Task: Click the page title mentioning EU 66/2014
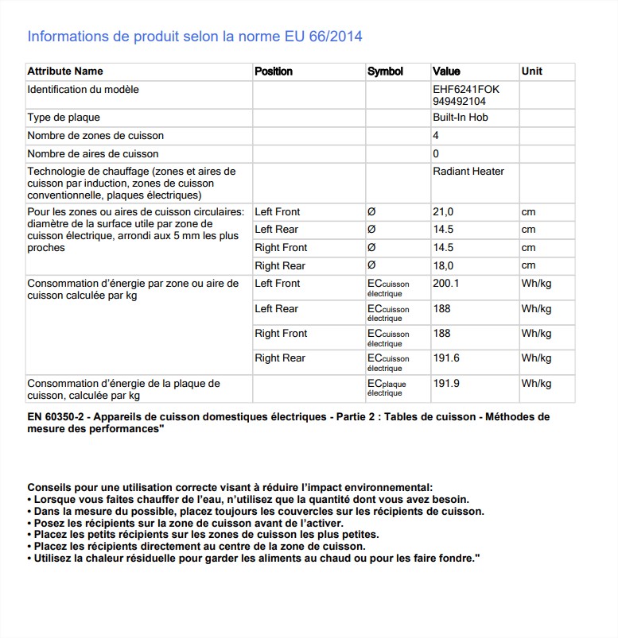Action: point(195,37)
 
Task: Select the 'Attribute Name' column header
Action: point(65,72)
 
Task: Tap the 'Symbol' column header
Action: point(385,72)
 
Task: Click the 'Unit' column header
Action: point(531,72)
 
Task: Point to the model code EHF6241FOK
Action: point(466,90)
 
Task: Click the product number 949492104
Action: point(459,102)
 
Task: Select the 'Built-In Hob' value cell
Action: point(461,118)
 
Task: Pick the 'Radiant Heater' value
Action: point(468,172)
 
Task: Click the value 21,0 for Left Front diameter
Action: point(443,212)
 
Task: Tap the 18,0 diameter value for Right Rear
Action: point(443,266)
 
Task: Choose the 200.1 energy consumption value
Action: point(446,284)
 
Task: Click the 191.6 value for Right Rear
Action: point(446,358)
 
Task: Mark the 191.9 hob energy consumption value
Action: point(446,384)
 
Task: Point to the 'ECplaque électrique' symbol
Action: point(387,388)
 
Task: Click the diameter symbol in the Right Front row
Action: point(371,248)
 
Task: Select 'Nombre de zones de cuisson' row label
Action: point(95,136)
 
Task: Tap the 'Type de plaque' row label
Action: point(64,118)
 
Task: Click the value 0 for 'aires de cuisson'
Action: point(436,154)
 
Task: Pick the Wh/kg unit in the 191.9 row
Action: point(536,384)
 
